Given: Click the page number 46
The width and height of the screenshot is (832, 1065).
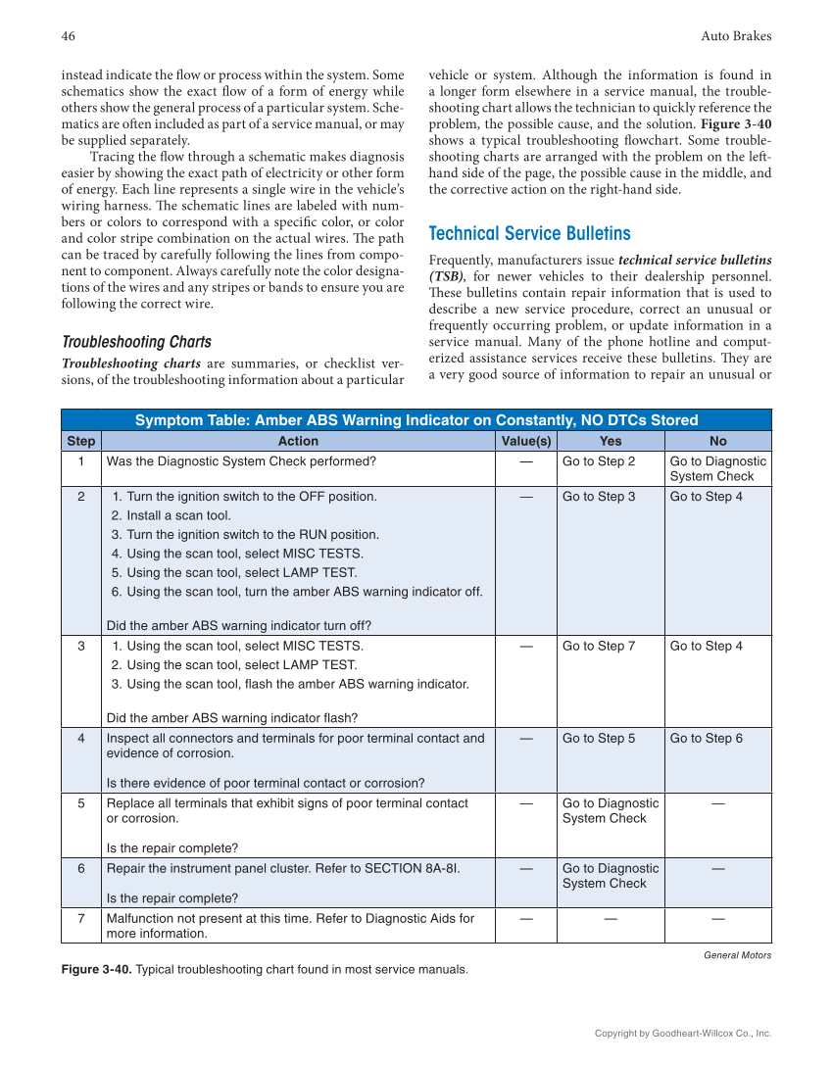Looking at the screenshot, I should click(69, 36).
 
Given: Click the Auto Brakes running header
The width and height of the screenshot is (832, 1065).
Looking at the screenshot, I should click(736, 36).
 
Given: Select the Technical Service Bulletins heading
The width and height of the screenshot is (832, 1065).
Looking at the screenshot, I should click(529, 233).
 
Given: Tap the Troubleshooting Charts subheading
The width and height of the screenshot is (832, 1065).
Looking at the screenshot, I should click(136, 342).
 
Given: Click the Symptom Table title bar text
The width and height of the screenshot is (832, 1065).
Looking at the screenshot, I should click(416, 420).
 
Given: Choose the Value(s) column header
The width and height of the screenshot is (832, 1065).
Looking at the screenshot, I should click(526, 441).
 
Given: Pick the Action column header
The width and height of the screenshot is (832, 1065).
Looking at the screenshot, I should click(298, 441).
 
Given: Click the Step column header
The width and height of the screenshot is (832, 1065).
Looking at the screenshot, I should click(81, 441).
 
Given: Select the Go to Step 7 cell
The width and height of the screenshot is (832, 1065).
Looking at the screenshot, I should click(598, 646).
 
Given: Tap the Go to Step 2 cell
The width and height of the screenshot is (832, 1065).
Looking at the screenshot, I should click(598, 461).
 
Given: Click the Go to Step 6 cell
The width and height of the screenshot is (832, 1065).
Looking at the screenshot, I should click(706, 738).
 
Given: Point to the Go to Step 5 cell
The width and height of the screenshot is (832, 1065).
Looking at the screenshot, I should click(598, 738).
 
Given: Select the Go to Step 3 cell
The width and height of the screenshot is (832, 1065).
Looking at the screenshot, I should click(598, 497).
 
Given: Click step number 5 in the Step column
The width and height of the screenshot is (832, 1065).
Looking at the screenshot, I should click(81, 803).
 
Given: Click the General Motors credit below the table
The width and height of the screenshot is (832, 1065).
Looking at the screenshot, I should click(737, 955).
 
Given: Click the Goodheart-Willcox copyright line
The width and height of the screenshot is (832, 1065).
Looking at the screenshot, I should click(683, 1034).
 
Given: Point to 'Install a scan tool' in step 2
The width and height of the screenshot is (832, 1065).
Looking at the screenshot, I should click(171, 515).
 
